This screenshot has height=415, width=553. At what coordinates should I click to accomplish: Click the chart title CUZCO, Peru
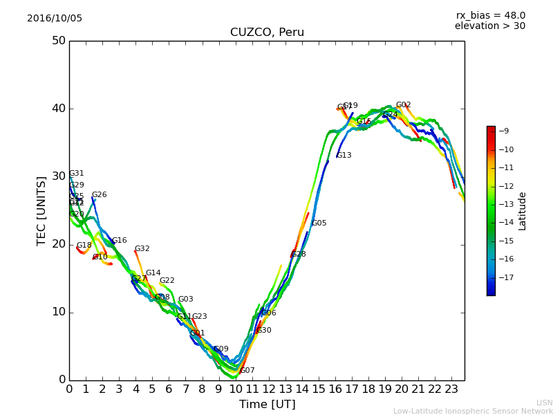click(x=267, y=33)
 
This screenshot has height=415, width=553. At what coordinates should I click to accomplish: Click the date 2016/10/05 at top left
click(x=55, y=19)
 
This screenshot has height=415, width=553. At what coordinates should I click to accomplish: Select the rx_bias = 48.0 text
click(x=490, y=15)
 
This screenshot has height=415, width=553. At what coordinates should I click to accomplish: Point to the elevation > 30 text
click(x=490, y=26)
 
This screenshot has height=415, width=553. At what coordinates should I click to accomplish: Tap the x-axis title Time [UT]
click(x=267, y=405)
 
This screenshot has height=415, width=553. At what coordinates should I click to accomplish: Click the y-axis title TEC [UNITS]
click(x=41, y=210)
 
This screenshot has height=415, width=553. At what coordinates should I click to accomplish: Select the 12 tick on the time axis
click(x=269, y=389)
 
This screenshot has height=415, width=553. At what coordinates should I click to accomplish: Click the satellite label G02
click(x=404, y=105)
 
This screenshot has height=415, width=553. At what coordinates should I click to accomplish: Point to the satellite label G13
click(x=344, y=156)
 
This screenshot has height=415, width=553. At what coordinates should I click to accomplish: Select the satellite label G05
click(x=319, y=223)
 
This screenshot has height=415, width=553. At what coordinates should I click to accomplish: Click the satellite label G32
click(x=142, y=249)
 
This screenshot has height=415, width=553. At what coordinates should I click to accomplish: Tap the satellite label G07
click(x=247, y=371)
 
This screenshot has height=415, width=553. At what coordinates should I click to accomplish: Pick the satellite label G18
click(x=84, y=246)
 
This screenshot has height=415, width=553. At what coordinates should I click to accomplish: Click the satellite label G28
click(x=299, y=255)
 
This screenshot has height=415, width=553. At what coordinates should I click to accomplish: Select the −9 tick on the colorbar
click(x=505, y=131)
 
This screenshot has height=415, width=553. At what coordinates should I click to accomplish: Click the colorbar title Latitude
click(x=523, y=211)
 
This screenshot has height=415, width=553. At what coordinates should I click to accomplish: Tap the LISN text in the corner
click(x=544, y=403)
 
